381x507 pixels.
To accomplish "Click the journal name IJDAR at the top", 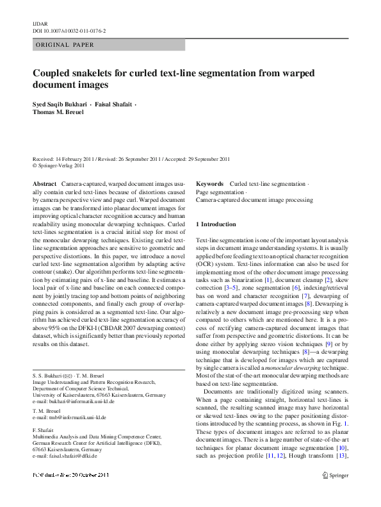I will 40,22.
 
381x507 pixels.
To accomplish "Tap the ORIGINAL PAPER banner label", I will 65,45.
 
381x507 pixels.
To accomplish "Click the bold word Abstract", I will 45,183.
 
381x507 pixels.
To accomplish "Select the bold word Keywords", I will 209,183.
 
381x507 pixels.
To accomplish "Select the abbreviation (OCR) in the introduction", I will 206,263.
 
